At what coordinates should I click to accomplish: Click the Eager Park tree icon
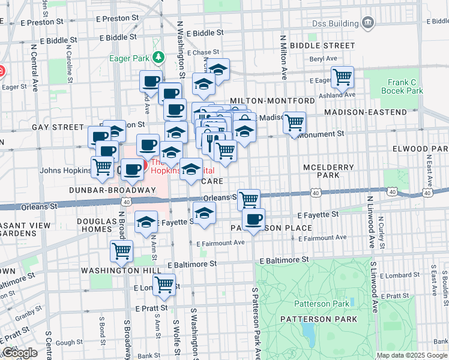(158, 58)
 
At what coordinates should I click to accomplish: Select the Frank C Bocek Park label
(402, 86)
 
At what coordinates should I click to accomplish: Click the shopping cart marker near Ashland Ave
(342, 77)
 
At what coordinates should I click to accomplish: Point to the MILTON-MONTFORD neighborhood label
(272, 100)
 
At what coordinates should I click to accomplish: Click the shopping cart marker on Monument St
(294, 122)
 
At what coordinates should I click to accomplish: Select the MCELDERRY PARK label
(330, 171)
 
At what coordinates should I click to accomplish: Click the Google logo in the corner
(20, 353)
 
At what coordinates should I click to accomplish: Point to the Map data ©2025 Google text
(412, 355)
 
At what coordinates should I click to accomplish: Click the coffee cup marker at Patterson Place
(254, 219)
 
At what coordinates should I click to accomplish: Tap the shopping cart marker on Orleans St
(248, 199)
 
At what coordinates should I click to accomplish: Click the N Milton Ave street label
(283, 57)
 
